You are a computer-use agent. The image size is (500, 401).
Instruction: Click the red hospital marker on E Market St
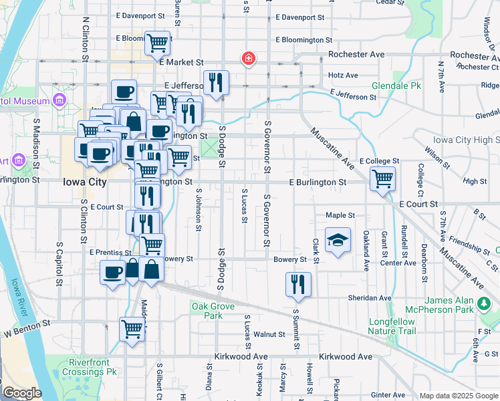(249, 59)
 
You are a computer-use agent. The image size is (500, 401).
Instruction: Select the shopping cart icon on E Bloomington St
(158, 43)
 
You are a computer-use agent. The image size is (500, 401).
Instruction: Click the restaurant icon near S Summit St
(298, 284)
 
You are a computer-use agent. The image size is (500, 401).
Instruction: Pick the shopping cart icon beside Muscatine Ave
(382, 178)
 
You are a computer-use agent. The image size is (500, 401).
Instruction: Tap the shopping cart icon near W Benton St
(132, 329)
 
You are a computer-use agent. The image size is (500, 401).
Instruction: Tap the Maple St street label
(340, 215)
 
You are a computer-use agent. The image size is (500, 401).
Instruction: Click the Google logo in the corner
(22, 393)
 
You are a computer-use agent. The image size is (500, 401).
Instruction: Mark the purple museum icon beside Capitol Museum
(60, 101)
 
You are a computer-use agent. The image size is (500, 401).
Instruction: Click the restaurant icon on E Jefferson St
(216, 82)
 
